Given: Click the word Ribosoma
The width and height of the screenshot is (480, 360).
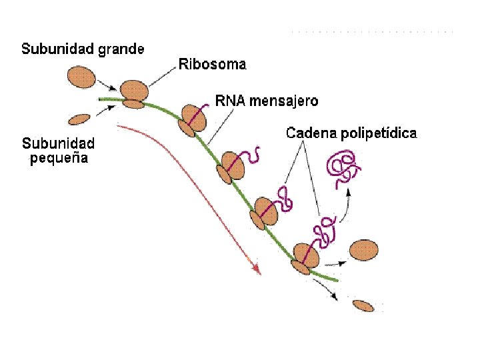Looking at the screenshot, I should click(x=212, y=65).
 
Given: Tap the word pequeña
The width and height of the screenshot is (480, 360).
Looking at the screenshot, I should click(x=59, y=159).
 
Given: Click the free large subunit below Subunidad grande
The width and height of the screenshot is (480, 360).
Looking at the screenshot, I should click(x=81, y=76).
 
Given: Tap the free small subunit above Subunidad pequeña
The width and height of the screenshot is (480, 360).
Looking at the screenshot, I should click(x=79, y=119).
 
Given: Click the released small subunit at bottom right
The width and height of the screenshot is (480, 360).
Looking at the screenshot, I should click(x=363, y=306).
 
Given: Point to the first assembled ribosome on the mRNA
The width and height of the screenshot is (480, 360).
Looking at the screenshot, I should click(x=134, y=93).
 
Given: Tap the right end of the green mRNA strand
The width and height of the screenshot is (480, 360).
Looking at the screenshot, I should click(x=336, y=280).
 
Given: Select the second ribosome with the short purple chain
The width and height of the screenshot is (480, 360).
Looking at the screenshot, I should click(x=191, y=120).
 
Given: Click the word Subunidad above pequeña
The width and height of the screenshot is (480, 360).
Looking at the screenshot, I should click(x=59, y=143).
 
